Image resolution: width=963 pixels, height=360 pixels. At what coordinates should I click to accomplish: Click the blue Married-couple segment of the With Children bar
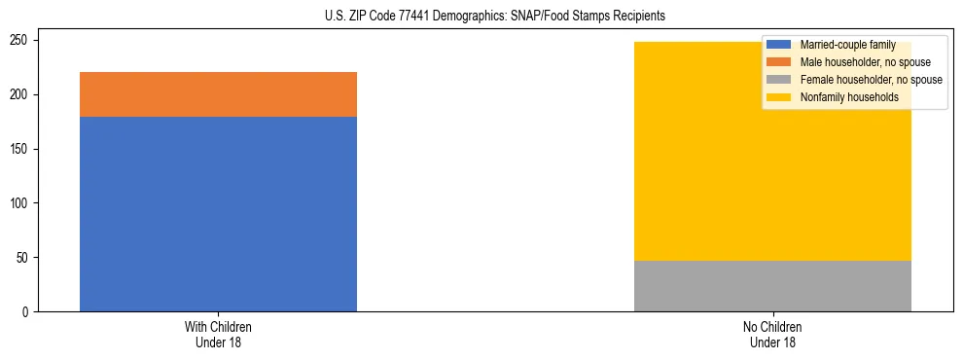click(218, 214)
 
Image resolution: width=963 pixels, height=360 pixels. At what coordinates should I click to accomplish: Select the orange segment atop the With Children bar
click(218, 94)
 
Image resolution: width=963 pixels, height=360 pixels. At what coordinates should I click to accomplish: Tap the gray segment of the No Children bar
click(772, 286)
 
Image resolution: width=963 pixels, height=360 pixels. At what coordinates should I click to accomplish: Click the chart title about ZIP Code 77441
click(495, 17)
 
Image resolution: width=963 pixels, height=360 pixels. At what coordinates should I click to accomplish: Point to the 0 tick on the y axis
click(27, 312)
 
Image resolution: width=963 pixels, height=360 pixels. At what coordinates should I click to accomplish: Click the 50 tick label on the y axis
click(24, 258)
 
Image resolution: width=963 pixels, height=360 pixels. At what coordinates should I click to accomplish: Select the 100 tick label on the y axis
click(21, 203)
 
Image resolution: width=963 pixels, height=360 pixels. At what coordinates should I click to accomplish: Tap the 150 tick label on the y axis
click(21, 149)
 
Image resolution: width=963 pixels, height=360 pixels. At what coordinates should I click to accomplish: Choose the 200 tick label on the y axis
click(21, 94)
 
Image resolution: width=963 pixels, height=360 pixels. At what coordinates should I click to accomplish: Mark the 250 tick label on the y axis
click(21, 41)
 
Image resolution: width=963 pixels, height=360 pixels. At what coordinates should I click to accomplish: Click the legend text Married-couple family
click(847, 45)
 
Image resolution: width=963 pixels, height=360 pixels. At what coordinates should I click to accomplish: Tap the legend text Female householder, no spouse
click(871, 80)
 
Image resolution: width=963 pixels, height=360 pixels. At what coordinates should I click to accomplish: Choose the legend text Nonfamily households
click(849, 97)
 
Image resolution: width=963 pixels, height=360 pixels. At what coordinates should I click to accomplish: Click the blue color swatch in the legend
click(779, 45)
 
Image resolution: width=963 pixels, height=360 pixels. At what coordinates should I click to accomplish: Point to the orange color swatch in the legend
click(779, 62)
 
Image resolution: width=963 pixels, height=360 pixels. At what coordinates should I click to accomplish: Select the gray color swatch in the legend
click(779, 80)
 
